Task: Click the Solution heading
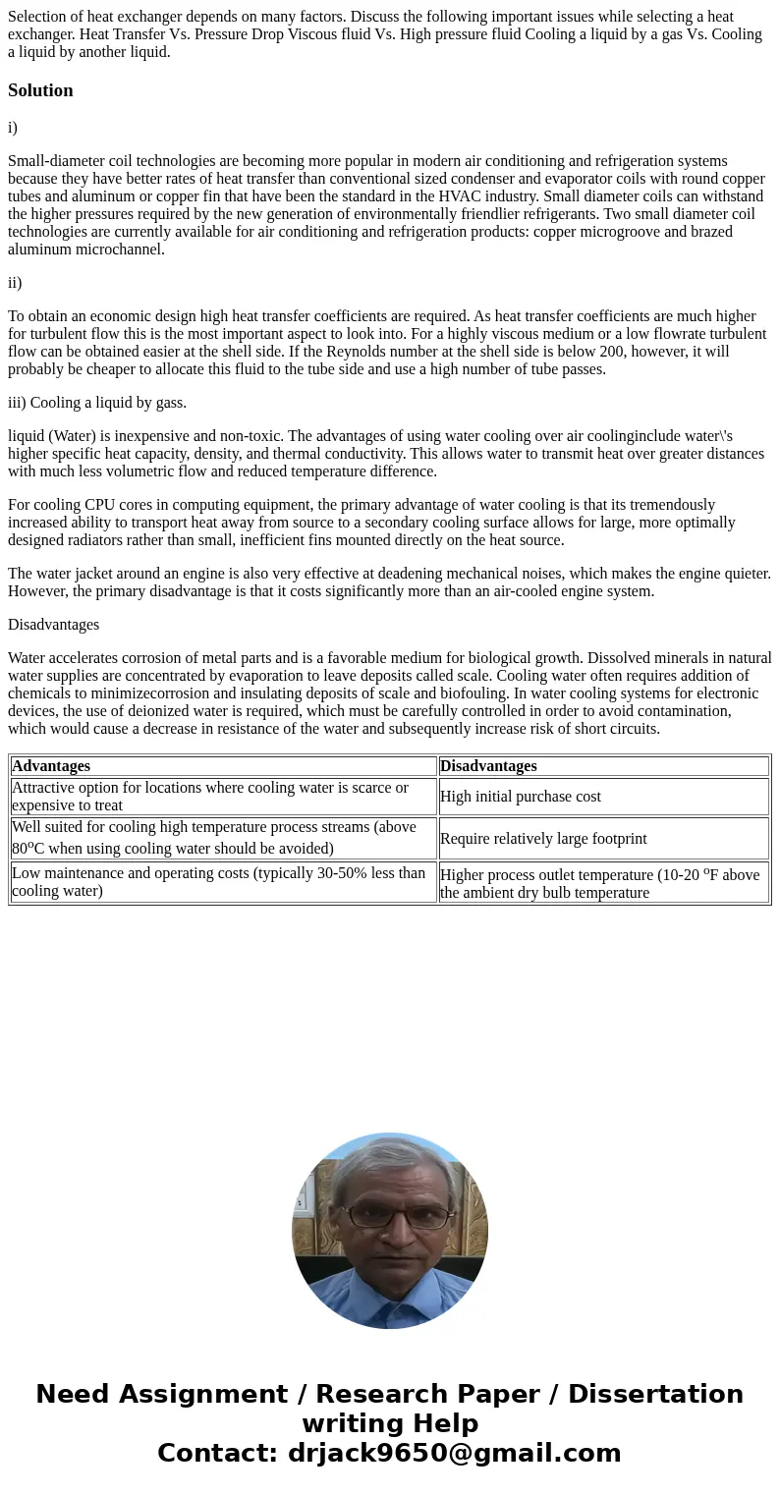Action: pos(40,90)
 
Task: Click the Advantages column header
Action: pos(51,766)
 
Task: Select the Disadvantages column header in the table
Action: pos(488,766)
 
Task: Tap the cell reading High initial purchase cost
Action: pos(521,797)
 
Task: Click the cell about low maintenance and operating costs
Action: pos(218,882)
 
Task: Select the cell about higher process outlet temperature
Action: pos(599,883)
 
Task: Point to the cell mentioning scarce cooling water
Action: pos(209,797)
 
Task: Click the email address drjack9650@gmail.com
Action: pos(454,1454)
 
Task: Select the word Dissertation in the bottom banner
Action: pos(655,1395)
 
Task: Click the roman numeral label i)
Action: pos(13,128)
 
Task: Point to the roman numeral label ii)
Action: pos(15,283)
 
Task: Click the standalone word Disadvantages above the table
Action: pos(53,625)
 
